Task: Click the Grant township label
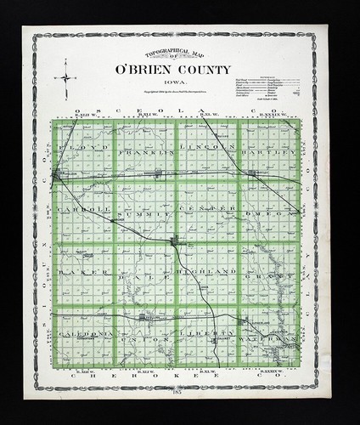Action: pos(268,276)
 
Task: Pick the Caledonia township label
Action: pos(84,335)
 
